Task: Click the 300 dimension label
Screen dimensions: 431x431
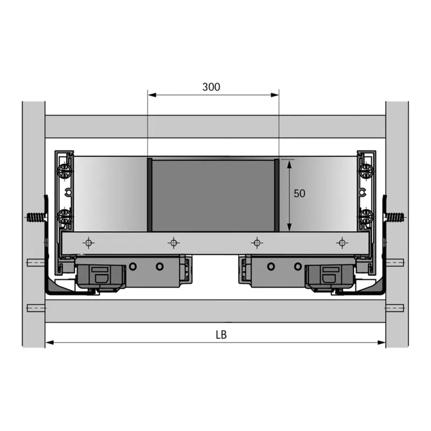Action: coord(211,87)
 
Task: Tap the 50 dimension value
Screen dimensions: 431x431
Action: coord(300,193)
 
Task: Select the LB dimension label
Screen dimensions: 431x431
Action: coord(221,335)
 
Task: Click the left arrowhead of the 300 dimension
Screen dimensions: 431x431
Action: coord(152,95)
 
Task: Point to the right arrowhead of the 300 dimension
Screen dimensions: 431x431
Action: coord(275,95)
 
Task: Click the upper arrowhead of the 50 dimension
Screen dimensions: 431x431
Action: coord(289,164)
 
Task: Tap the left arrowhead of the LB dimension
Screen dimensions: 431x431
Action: coord(50,343)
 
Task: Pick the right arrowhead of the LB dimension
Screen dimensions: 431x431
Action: coord(381,343)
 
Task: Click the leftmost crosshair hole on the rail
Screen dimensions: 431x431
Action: coord(88,243)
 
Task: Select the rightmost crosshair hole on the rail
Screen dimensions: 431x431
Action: coord(342,243)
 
